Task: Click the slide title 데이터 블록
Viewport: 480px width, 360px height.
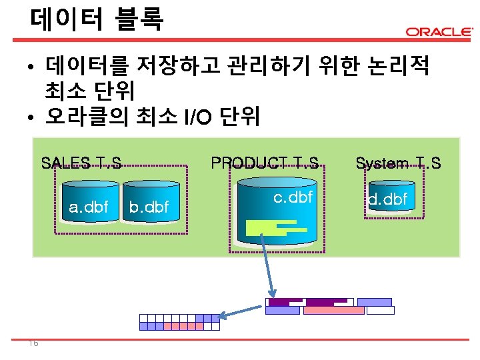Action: point(96,18)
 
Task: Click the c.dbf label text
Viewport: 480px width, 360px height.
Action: point(293,197)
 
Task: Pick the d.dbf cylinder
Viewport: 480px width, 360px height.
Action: point(388,199)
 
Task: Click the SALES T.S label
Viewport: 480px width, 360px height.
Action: point(81,163)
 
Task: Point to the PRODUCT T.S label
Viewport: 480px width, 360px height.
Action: point(265,163)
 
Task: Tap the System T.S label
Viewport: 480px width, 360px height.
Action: point(398,163)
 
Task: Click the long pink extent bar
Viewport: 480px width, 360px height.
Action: point(334,311)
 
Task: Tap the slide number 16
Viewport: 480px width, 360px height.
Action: point(33,343)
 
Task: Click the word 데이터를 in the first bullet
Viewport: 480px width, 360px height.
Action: point(85,66)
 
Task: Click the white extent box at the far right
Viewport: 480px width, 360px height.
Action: point(380,311)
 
